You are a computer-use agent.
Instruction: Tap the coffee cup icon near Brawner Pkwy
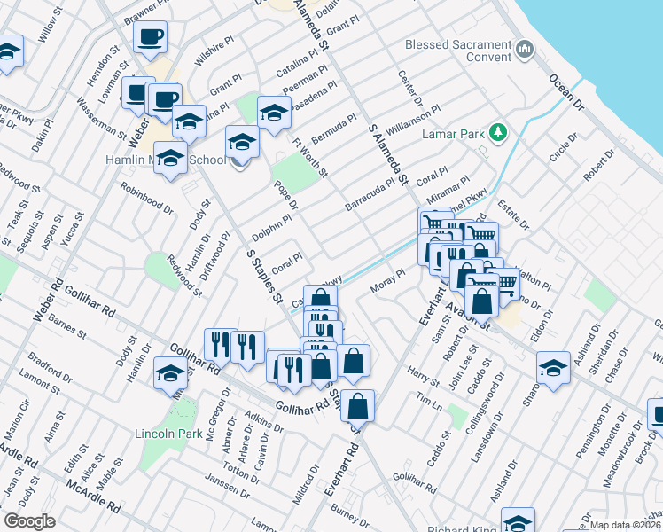coord(151,38)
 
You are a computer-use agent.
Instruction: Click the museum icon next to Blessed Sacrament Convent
coord(526,47)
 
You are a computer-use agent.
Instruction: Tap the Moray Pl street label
coord(387,280)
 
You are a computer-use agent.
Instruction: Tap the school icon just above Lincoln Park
coord(170,373)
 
